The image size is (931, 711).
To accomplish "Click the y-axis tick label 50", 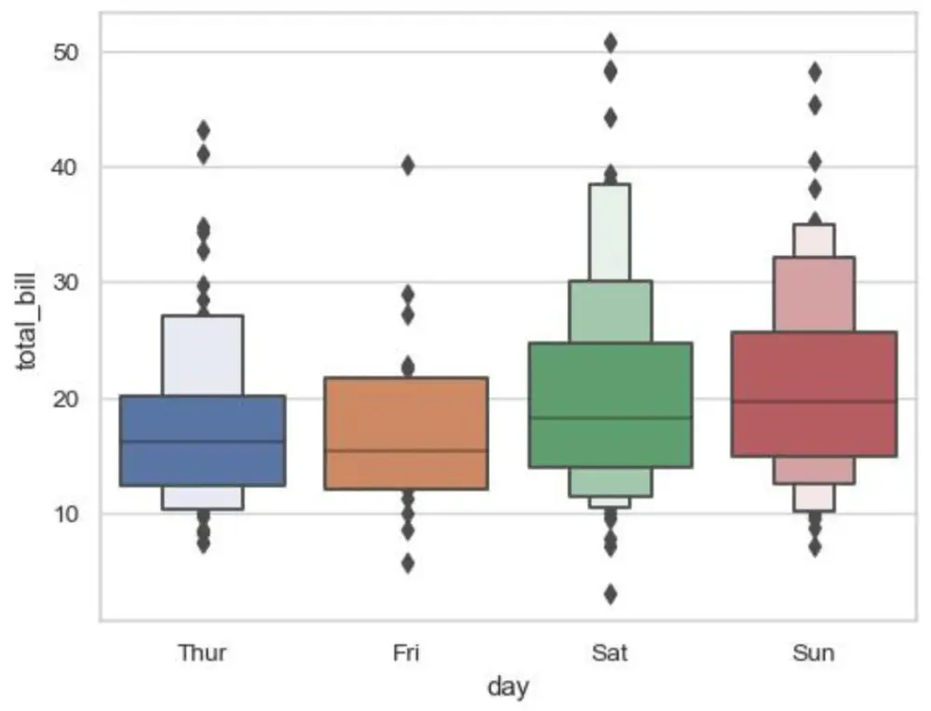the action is [x=65, y=53].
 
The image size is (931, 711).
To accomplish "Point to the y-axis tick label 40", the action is [x=65, y=168].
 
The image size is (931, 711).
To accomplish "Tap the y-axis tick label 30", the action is [x=65, y=283].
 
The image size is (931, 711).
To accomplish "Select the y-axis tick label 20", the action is [x=65, y=399].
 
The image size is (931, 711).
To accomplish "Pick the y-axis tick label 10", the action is [x=65, y=514].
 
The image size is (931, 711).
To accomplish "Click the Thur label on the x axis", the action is [x=202, y=653].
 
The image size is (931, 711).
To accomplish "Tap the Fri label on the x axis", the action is [x=406, y=653].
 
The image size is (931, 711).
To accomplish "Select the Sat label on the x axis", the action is [x=610, y=653].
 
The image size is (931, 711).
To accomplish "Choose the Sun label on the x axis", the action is [x=814, y=653].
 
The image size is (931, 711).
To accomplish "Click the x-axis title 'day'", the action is [x=508, y=687].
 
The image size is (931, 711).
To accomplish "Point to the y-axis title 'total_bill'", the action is [x=27, y=322].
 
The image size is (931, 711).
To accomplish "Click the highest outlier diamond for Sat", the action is [x=611, y=44].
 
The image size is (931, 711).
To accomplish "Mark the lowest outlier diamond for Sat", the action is [x=611, y=594].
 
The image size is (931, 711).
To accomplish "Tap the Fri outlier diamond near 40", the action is [x=408, y=166].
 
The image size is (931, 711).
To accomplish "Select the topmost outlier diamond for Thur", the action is [x=204, y=130].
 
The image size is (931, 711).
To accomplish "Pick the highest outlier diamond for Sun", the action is [x=816, y=73].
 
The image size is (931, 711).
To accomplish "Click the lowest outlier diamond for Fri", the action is [x=408, y=563].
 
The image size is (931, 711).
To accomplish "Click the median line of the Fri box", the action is [x=406, y=450].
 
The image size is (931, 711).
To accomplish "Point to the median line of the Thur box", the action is [x=202, y=441].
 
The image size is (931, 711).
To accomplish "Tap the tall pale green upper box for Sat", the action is [x=610, y=232].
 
